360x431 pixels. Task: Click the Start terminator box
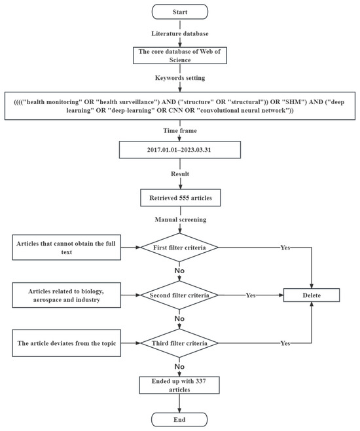click(179, 12)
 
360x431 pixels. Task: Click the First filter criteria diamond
click(179, 248)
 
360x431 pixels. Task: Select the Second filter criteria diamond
click(179, 295)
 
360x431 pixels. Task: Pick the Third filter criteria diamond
click(179, 343)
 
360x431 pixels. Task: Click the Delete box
click(312, 295)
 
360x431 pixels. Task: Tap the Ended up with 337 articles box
click(179, 385)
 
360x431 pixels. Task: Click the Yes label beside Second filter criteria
click(251, 295)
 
